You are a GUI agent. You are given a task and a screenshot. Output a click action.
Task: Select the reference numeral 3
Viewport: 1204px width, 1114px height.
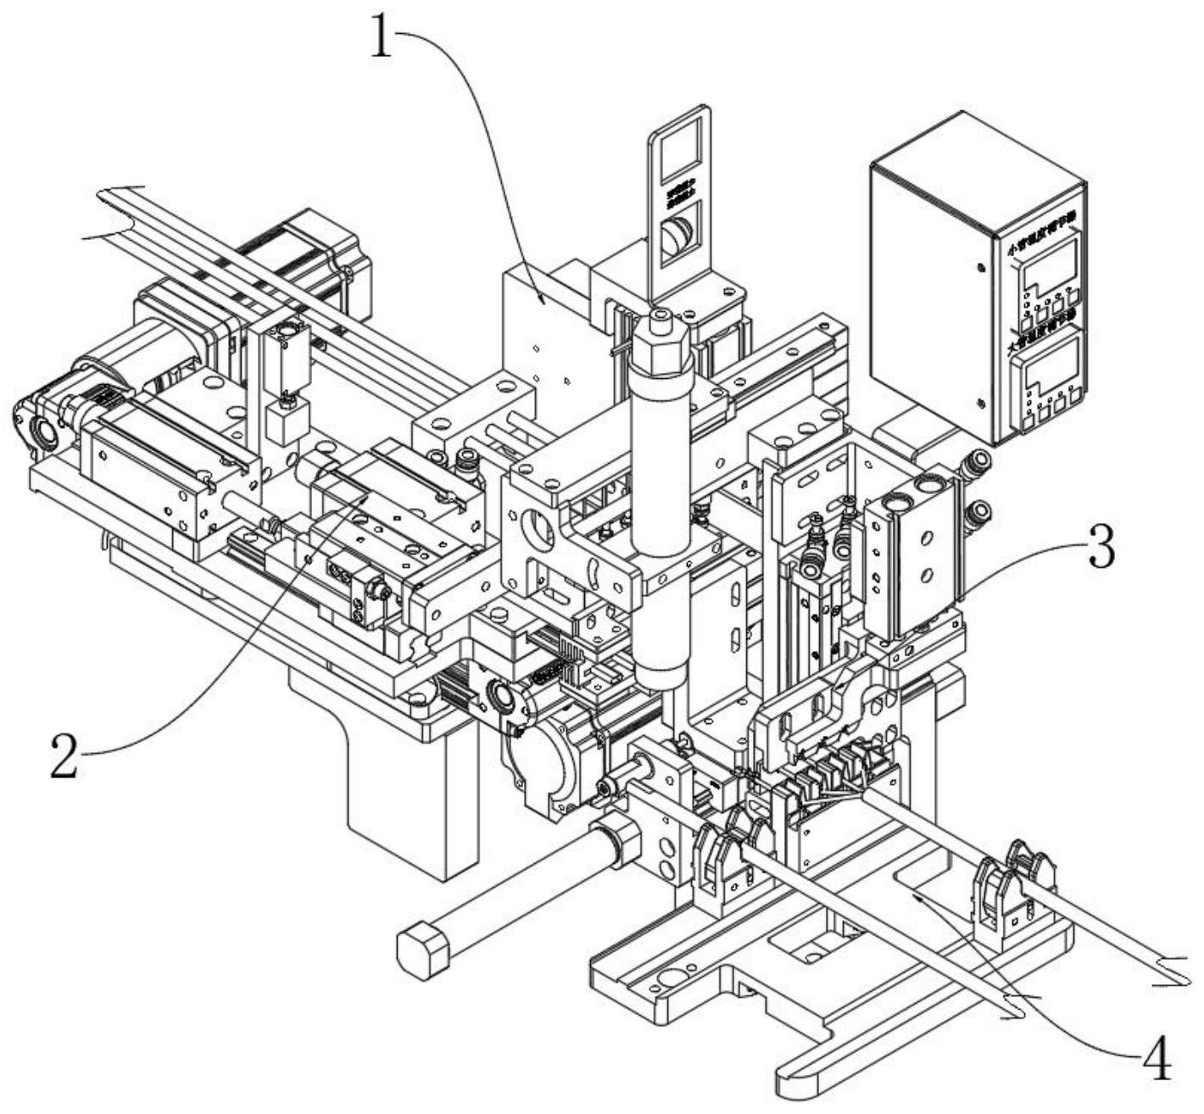pyautogui.click(x=1101, y=549)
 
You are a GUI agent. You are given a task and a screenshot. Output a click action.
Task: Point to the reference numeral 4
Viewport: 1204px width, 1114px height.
pyautogui.click(x=1157, y=1058)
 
